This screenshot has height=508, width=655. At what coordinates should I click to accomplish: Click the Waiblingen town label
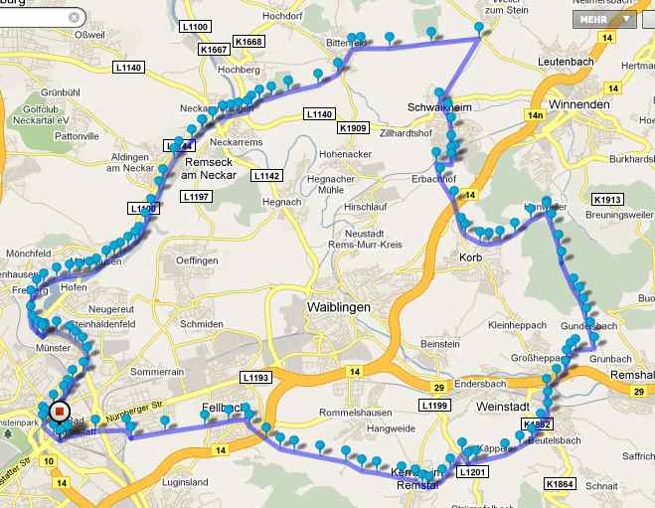(x=338, y=307)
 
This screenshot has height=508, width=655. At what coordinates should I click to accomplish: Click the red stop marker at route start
(x=59, y=411)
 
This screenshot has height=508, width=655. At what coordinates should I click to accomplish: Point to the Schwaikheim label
(x=438, y=106)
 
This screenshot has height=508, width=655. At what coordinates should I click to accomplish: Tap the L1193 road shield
(x=255, y=378)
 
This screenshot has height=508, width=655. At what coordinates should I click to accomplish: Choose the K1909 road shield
(x=353, y=128)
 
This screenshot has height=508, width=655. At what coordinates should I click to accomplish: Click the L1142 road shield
(x=266, y=175)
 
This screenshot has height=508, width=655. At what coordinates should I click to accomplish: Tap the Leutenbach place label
(x=566, y=62)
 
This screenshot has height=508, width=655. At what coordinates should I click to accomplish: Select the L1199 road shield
(x=435, y=406)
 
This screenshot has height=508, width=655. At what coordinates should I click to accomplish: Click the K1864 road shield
(x=560, y=483)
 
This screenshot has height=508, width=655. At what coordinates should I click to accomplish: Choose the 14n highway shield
(x=537, y=115)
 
